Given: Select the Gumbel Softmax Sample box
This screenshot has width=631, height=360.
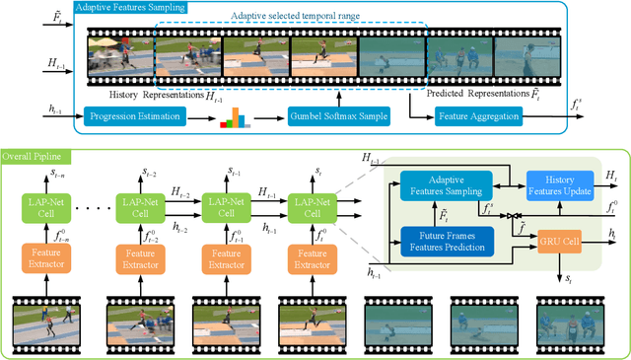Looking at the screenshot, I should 333,117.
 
